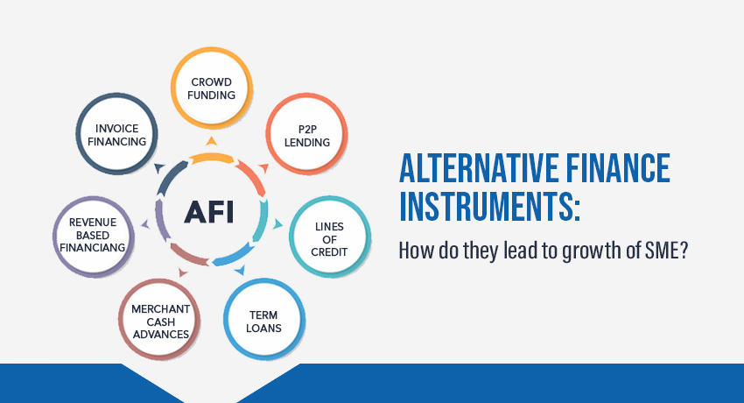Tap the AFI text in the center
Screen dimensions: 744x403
click(209, 212)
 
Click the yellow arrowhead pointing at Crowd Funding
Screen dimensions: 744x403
click(212, 141)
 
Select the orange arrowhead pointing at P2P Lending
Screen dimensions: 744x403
click(264, 168)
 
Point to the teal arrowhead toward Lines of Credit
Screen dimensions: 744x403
click(277, 224)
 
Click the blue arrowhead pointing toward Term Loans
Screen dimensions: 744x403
click(240, 270)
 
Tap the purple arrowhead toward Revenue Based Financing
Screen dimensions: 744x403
click(145, 224)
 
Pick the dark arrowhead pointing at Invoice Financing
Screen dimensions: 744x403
click(159, 167)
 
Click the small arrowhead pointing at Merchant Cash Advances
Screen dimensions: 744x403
click(183, 272)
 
